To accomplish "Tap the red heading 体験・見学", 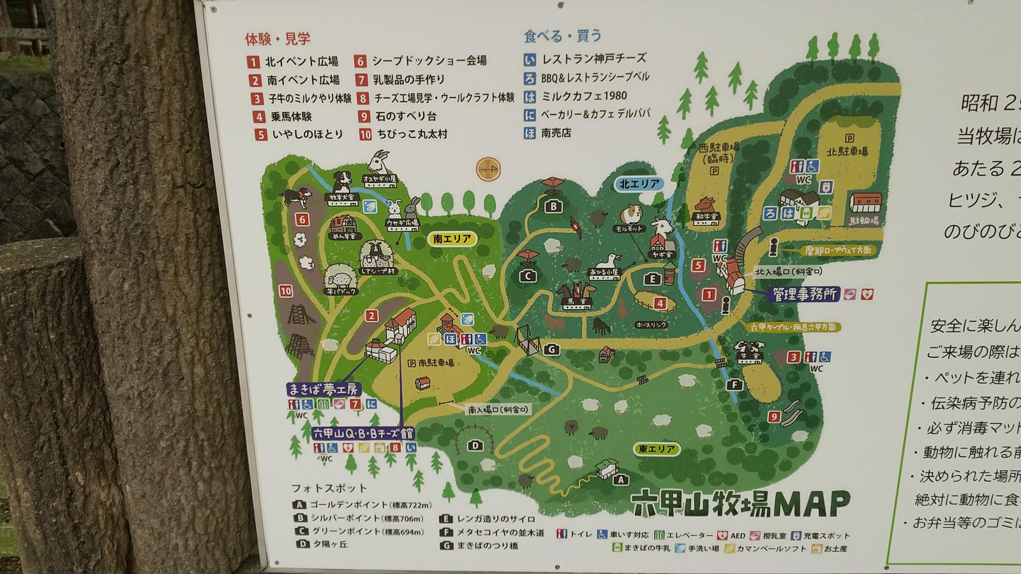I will (x=278, y=39).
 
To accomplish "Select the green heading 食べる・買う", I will (x=563, y=36).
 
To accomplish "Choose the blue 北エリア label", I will (x=639, y=184).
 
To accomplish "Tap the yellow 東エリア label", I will (x=657, y=449).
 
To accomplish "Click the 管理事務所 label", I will (x=805, y=294).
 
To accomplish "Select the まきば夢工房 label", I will (x=324, y=389).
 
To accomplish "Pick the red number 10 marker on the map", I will (x=285, y=291).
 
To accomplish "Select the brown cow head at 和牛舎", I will (x=704, y=205).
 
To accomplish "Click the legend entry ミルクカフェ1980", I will (x=584, y=96).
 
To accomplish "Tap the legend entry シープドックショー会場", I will (x=429, y=61).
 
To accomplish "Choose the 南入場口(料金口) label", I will (x=498, y=409).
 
